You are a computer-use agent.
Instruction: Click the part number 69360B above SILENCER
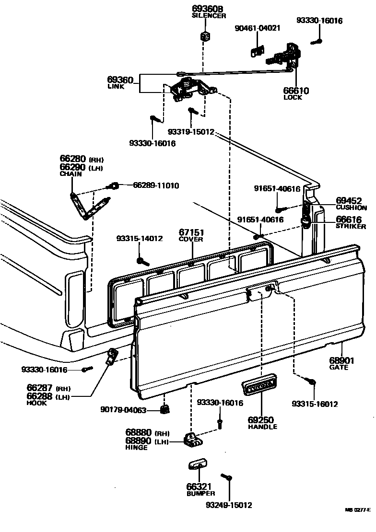tap(209, 9)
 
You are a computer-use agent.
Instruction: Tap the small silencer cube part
tap(205, 35)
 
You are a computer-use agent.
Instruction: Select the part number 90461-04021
tap(257, 28)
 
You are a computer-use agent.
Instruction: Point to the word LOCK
tap(293, 97)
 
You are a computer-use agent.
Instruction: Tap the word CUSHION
tap(351, 208)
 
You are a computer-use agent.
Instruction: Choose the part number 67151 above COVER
tap(191, 231)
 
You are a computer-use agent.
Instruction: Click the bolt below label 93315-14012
tap(141, 261)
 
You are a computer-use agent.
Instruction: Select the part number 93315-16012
tap(315, 404)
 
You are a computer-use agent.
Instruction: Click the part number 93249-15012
tap(229, 505)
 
